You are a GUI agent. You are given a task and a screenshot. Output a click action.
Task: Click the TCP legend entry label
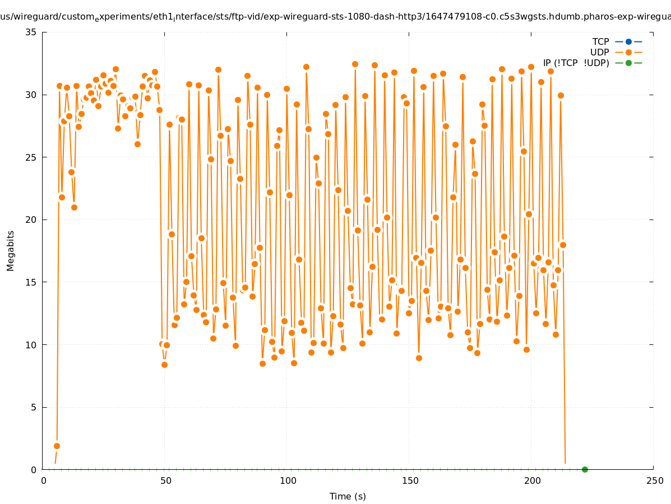[x=600, y=41]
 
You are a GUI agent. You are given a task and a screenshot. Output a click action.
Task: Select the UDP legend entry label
[x=599, y=52]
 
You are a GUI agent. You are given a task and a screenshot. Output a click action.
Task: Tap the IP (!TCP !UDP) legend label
[x=576, y=63]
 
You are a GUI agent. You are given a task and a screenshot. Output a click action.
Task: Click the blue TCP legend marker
[x=628, y=41]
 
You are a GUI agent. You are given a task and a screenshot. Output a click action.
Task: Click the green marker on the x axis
[x=585, y=469]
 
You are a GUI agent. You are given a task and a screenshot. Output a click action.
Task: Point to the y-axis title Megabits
[x=11, y=250]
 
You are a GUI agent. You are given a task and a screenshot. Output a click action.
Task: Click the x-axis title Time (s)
[x=348, y=496]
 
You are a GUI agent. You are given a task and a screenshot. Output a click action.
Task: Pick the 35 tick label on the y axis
[x=31, y=32]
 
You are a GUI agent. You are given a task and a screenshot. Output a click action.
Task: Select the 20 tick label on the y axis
[x=31, y=220]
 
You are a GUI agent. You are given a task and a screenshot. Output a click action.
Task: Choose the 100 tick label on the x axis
[x=288, y=481]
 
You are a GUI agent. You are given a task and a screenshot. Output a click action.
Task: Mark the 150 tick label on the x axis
[x=410, y=481]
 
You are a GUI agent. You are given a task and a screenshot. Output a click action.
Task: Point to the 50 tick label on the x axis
[x=165, y=481]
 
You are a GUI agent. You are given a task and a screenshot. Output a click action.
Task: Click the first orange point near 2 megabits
[x=57, y=446]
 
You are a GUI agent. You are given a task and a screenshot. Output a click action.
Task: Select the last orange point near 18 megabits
[x=563, y=245]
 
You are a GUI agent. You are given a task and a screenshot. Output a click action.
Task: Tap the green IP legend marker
[x=628, y=63]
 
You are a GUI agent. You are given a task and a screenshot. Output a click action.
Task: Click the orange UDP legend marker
[x=628, y=52]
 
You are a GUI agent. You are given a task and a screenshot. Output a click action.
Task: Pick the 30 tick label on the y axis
[x=31, y=95]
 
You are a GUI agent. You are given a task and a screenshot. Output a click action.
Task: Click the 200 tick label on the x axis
[x=532, y=481]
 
